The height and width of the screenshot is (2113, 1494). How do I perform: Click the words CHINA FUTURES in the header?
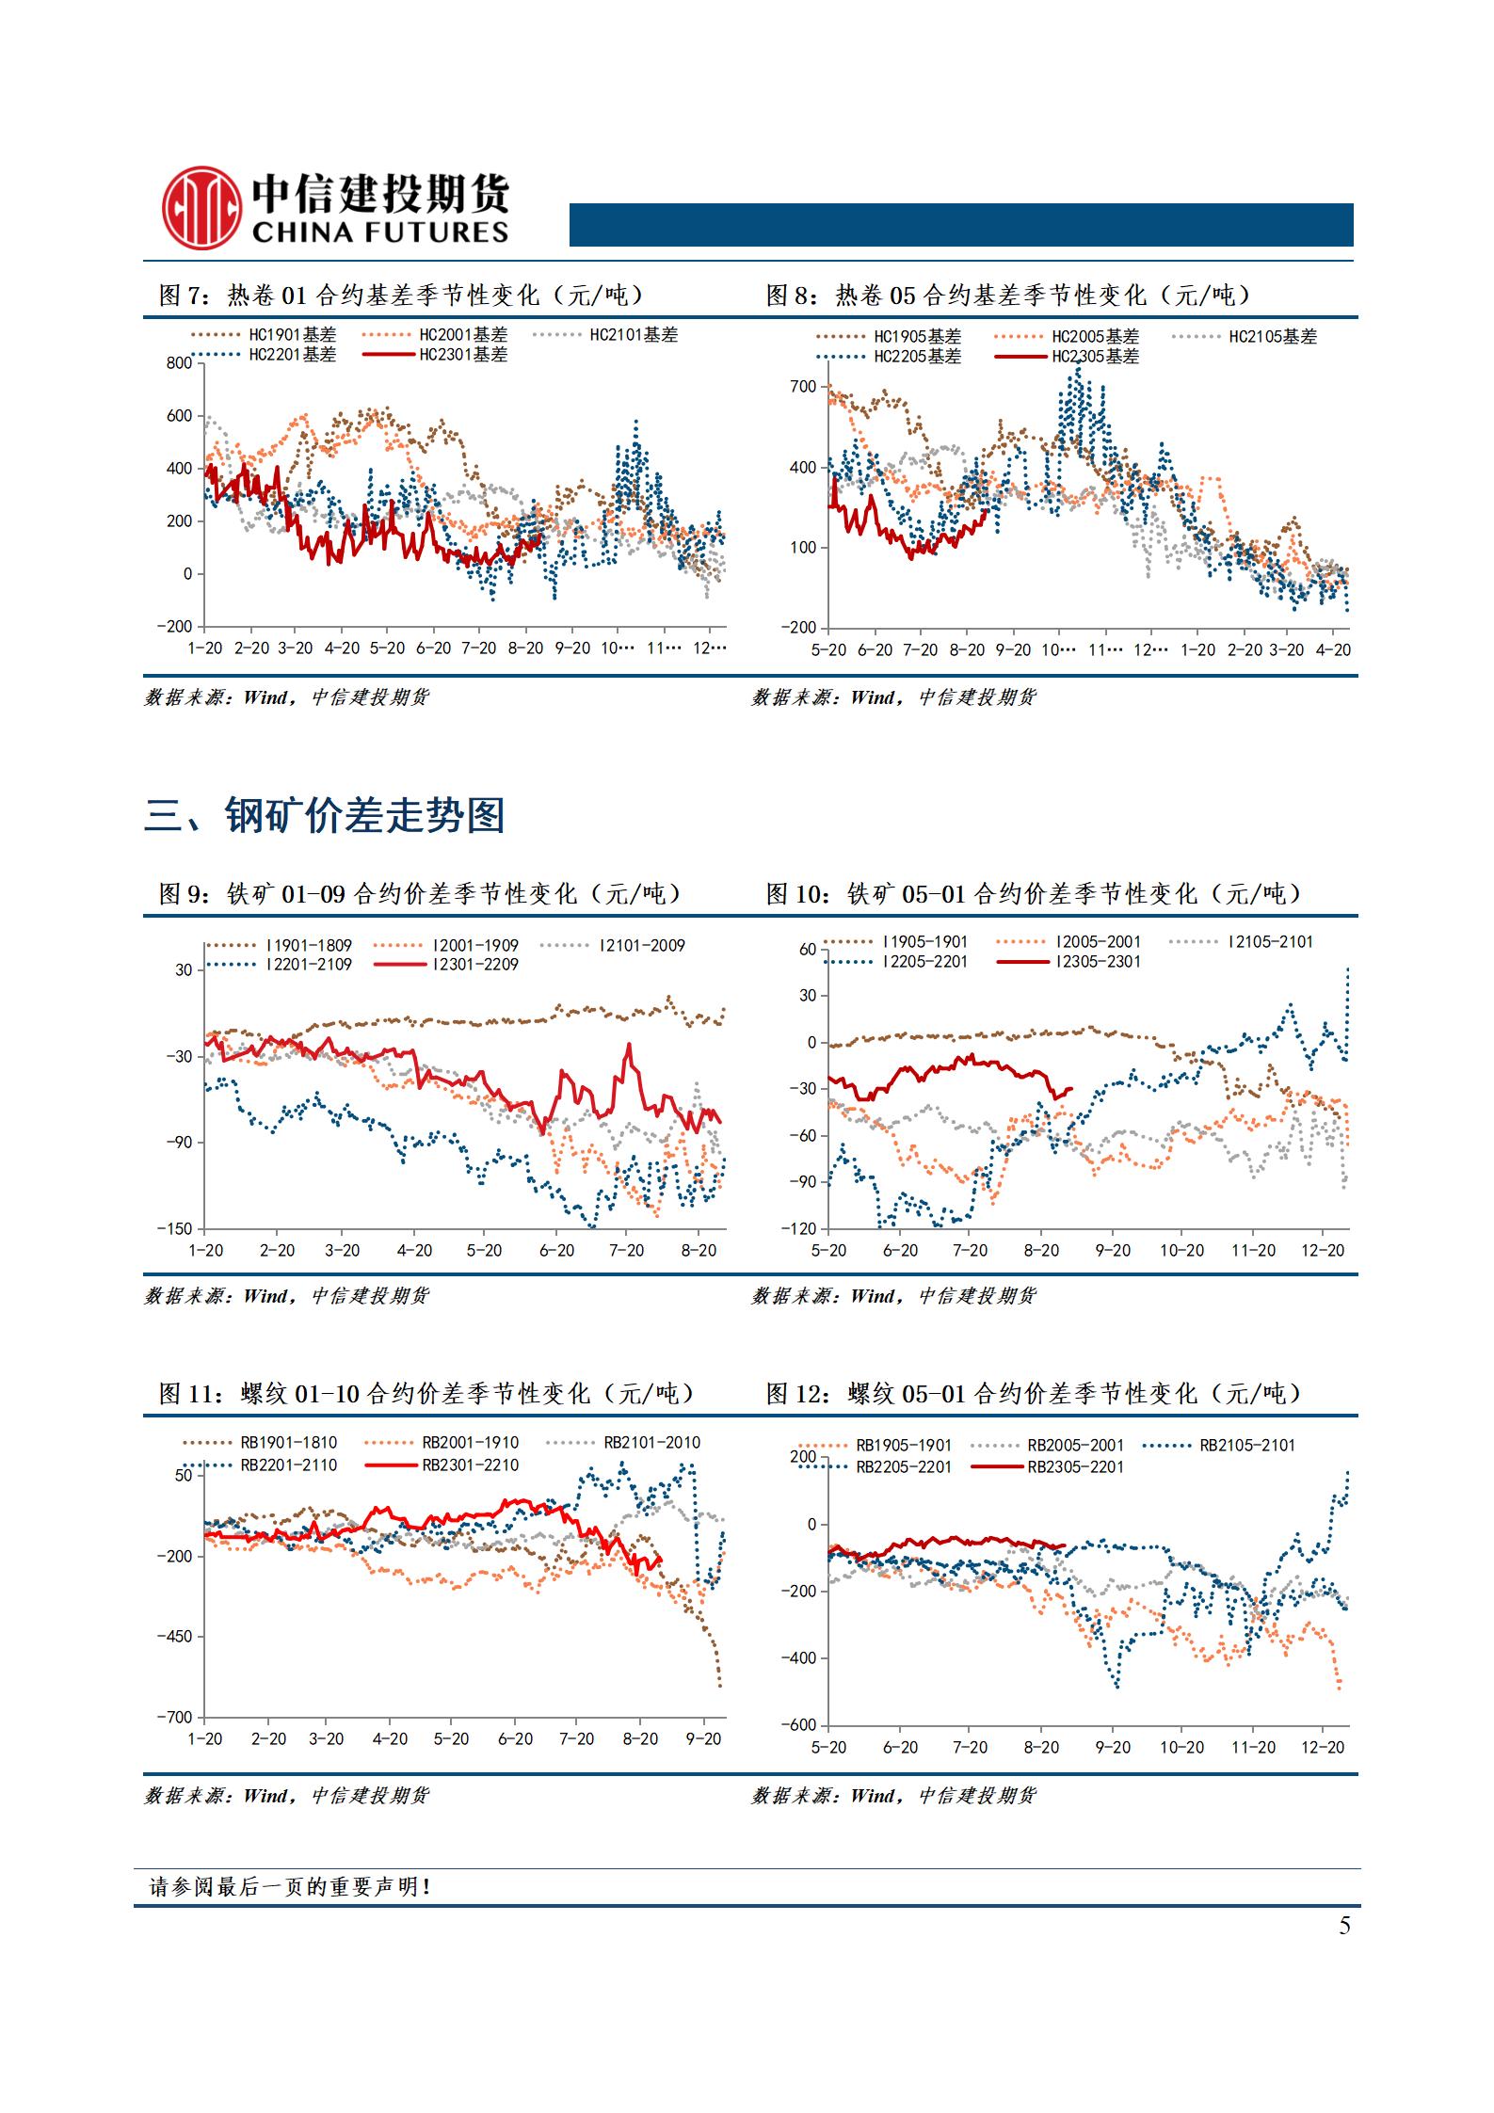click(x=379, y=232)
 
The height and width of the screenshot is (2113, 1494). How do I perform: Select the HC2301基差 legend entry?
click(x=436, y=355)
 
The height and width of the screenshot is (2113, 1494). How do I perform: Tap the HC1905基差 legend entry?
click(x=889, y=337)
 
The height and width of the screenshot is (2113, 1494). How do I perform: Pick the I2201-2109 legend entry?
click(x=280, y=964)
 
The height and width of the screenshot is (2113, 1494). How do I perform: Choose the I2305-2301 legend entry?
click(x=1069, y=961)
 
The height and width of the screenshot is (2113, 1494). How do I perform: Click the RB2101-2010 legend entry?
click(x=625, y=1442)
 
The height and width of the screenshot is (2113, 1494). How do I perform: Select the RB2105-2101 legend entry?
click(x=1219, y=1445)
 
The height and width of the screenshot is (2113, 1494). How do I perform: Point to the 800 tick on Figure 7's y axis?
click(x=179, y=364)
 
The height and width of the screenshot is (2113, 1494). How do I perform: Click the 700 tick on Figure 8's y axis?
click(x=804, y=387)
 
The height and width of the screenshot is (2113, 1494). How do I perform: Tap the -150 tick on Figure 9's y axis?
click(x=175, y=1229)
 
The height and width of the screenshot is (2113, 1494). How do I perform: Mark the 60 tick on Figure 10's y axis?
click(x=808, y=950)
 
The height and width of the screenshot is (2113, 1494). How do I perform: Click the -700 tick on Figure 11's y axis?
click(x=175, y=1718)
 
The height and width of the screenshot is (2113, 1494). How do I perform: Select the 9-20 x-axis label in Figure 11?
click(x=703, y=1739)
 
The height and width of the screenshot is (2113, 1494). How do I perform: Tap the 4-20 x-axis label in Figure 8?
click(x=1333, y=649)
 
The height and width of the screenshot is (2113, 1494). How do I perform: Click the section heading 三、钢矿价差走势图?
click(x=325, y=815)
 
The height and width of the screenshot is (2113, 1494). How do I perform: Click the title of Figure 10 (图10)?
click(x=1034, y=893)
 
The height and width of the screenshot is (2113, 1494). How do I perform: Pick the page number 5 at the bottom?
click(x=1344, y=1926)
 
